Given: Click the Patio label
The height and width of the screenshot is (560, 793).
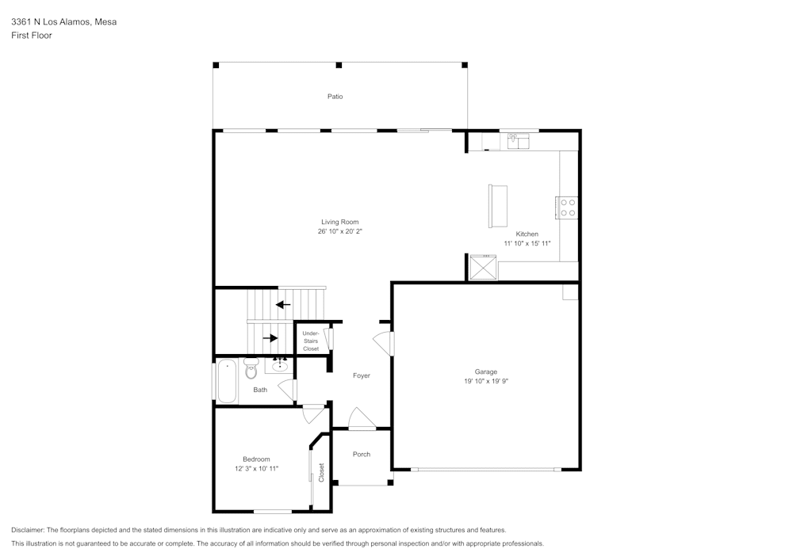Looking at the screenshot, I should [335, 97].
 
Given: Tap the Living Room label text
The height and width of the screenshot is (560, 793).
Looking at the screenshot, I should [340, 222].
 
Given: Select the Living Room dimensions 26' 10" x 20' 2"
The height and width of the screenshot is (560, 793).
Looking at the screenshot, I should [340, 232].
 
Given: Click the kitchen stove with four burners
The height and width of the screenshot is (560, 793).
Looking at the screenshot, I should [568, 208].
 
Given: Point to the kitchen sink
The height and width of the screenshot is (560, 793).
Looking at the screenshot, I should [518, 141].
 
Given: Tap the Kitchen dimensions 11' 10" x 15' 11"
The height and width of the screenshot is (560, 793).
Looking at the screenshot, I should [527, 244].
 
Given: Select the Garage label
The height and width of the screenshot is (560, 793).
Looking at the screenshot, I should [486, 371].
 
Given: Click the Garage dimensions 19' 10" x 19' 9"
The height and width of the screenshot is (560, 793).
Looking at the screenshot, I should [486, 381].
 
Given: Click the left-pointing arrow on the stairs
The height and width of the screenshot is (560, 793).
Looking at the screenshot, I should [283, 304].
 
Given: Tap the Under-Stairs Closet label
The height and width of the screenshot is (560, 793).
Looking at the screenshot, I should [311, 341].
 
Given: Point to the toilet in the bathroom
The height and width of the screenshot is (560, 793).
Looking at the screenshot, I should [251, 368].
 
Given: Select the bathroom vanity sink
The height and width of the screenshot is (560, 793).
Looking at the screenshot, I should [280, 366].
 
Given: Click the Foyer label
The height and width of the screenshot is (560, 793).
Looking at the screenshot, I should [362, 375].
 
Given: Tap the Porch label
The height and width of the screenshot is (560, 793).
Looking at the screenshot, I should [362, 454].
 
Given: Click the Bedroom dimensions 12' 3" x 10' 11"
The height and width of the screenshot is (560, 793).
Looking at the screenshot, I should [256, 469].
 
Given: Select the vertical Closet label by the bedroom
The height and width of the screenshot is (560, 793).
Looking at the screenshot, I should [321, 473].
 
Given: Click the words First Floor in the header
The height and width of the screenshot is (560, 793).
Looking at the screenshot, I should [32, 36].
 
